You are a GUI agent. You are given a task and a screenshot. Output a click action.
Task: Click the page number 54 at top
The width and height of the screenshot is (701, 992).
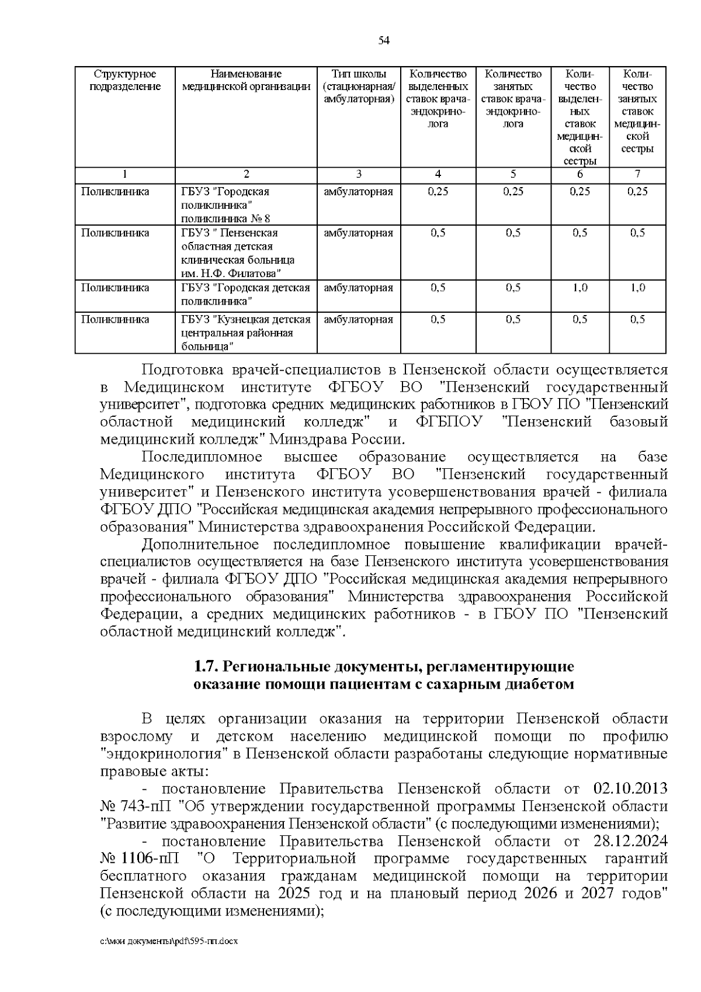(x=384, y=40)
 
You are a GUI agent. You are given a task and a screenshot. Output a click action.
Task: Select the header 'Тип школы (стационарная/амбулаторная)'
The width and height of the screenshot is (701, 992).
(x=359, y=87)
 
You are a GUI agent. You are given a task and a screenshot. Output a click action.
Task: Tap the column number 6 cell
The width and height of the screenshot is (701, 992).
(x=580, y=174)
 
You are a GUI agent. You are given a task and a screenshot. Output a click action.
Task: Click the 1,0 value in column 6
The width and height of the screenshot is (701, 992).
(x=580, y=288)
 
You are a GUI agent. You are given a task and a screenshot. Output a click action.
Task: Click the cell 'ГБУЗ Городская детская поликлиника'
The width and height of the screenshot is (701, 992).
(x=245, y=295)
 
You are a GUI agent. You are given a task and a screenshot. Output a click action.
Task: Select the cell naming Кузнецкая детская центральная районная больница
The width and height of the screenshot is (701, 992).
(x=245, y=333)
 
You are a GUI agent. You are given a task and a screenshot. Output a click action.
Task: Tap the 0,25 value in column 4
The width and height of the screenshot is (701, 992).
(x=438, y=192)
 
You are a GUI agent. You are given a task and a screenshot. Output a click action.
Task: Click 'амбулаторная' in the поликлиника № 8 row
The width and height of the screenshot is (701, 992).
(x=359, y=192)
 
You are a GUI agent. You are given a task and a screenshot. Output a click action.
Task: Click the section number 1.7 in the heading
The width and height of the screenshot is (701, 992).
(x=206, y=667)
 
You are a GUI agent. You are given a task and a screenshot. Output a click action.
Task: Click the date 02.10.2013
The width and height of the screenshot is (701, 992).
(x=630, y=789)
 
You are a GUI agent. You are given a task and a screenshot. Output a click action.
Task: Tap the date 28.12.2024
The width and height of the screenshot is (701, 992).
(x=630, y=841)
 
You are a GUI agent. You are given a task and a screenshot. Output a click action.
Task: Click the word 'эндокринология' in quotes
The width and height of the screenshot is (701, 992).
(x=164, y=754)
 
